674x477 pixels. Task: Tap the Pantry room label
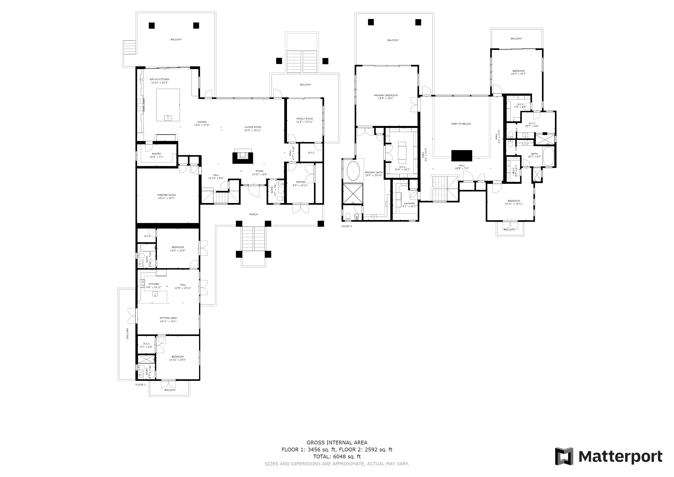(156, 155)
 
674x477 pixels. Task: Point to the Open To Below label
(461, 124)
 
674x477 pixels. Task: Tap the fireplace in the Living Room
(243, 157)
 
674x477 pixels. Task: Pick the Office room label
(300, 184)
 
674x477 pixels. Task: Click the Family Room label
(304, 120)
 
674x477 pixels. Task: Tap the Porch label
(253, 215)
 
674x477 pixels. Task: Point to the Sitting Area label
(168, 320)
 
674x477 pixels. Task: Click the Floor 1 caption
(140, 385)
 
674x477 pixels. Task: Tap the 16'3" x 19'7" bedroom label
(518, 72)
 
